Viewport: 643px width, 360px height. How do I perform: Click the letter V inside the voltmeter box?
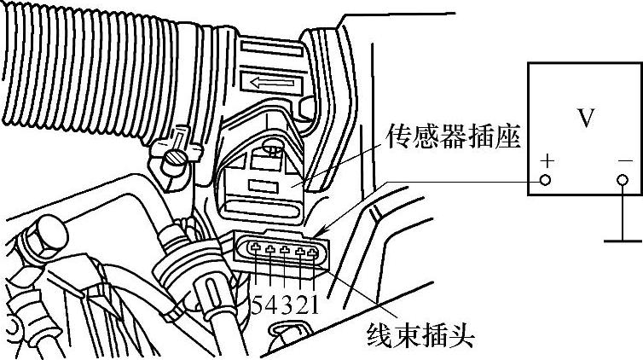pos(586,118)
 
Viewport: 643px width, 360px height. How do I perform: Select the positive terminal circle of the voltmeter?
pos(545,181)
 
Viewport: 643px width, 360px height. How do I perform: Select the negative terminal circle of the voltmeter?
pos(623,181)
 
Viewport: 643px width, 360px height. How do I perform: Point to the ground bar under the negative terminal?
pos(623,241)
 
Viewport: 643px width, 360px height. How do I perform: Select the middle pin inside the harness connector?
pos(285,251)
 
